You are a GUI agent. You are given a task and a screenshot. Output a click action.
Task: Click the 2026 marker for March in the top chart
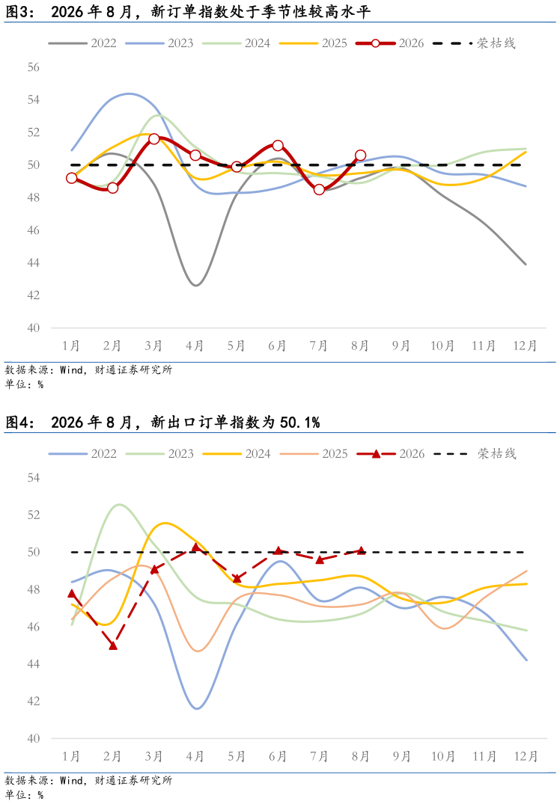click(154, 138)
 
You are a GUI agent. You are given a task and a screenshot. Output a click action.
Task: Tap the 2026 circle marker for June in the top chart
click(278, 146)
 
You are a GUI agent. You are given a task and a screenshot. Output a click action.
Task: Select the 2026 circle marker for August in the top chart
click(360, 155)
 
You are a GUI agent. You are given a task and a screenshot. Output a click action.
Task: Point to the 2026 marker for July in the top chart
click(319, 190)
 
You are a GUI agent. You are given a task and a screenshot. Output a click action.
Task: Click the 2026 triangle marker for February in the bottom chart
click(113, 645)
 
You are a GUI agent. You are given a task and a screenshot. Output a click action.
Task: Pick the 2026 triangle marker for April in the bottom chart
click(195, 547)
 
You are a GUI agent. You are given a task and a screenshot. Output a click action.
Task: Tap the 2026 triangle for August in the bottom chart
click(361, 550)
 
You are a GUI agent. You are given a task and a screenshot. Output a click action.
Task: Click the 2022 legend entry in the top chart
click(82, 43)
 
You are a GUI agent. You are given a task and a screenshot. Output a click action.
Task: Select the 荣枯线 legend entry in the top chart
click(474, 43)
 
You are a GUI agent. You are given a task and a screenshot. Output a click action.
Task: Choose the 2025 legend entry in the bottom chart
click(314, 454)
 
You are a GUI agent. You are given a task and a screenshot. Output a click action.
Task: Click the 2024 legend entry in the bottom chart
click(237, 454)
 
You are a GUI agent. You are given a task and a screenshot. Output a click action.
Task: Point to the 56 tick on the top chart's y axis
click(34, 67)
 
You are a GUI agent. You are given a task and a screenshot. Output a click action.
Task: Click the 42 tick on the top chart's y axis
click(34, 295)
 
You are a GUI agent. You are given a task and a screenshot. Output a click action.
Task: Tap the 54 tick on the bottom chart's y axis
click(34, 478)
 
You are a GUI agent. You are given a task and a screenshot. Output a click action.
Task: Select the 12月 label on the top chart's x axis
click(525, 346)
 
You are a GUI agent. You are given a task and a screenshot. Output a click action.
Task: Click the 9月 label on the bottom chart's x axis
click(402, 756)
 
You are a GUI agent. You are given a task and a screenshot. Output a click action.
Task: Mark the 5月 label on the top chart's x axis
click(237, 346)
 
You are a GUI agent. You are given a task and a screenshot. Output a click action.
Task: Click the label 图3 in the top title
click(16, 12)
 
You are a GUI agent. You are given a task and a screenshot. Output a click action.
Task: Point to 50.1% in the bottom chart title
click(299, 423)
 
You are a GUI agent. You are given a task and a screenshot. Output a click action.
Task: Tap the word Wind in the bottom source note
click(71, 780)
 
